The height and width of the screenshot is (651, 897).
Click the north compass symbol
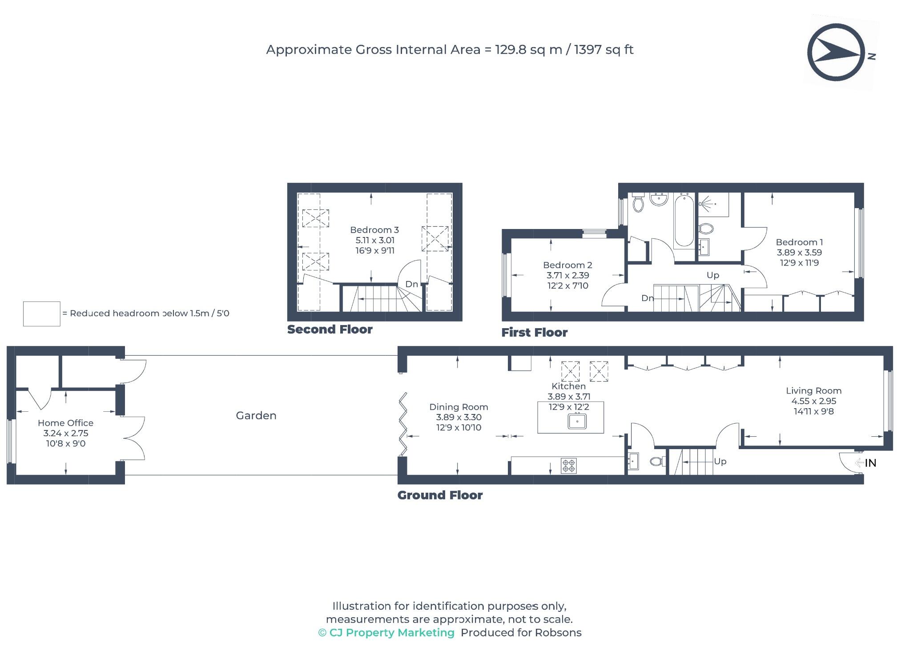[x=836, y=52]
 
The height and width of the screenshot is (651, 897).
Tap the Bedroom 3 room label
[x=374, y=230]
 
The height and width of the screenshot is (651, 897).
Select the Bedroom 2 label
[x=567, y=265]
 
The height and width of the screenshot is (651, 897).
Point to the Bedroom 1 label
[x=799, y=242]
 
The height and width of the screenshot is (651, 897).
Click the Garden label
[x=256, y=415]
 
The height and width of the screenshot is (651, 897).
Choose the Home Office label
[x=65, y=423]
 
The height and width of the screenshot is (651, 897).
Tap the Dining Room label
[x=459, y=407]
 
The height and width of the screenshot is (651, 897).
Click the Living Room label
[x=813, y=391]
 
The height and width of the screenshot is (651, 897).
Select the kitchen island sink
[x=577, y=421]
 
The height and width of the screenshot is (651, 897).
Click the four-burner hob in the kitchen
[x=569, y=466]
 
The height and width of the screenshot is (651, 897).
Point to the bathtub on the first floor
[x=683, y=220]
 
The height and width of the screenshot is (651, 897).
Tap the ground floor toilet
[x=656, y=462]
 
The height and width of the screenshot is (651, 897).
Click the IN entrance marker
[x=870, y=463]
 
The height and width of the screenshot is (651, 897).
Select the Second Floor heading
[x=330, y=330]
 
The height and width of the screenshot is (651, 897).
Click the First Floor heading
[x=535, y=333]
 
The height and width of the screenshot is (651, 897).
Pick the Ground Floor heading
[x=440, y=495]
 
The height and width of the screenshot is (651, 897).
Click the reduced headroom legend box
[x=41, y=314]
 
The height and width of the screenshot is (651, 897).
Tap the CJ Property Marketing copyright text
[x=386, y=633]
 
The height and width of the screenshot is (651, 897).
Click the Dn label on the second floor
[x=411, y=284]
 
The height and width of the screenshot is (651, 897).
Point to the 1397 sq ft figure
[x=603, y=49]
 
